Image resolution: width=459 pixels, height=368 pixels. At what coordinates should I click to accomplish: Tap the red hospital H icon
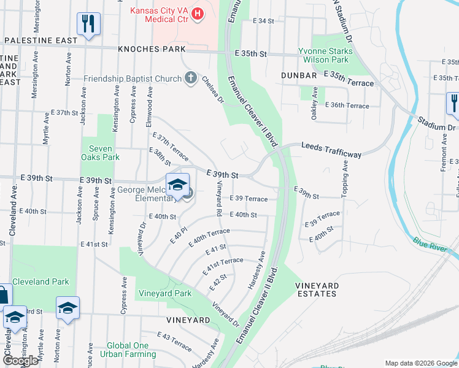[x=198, y=13]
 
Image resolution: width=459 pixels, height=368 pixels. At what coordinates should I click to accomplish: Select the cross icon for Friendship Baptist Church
[x=190, y=78]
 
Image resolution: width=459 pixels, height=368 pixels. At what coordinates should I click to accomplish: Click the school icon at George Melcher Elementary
[x=177, y=184]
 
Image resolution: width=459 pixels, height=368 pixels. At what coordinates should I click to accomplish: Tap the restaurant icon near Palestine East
[x=88, y=24]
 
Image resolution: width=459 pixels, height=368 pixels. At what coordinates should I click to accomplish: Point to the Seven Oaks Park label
[x=101, y=153]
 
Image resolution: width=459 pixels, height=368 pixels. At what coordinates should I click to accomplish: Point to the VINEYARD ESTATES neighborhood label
[x=316, y=289]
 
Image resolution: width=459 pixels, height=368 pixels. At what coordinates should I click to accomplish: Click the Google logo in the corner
[x=20, y=361]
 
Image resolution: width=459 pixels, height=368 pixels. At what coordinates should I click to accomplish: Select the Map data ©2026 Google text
[x=420, y=363]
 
